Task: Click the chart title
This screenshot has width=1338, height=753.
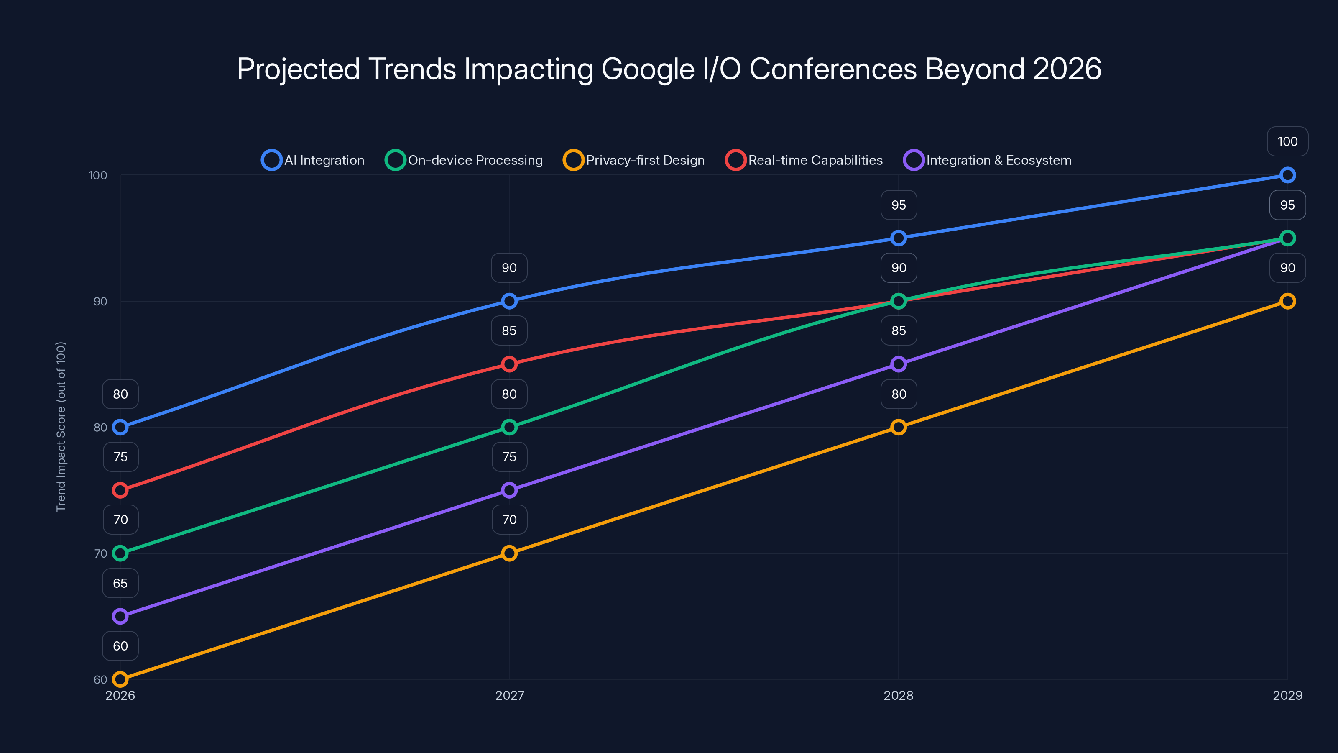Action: pyautogui.click(x=669, y=69)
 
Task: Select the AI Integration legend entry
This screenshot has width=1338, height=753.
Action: pyautogui.click(x=313, y=160)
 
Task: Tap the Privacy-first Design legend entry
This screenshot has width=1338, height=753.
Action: pyautogui.click(x=634, y=160)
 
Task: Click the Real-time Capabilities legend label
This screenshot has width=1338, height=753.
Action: pyautogui.click(x=815, y=160)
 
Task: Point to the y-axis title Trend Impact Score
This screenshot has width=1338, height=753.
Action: pyautogui.click(x=61, y=427)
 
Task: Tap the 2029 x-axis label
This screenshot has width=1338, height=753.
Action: pyautogui.click(x=1287, y=695)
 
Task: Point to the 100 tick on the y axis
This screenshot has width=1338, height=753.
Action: pyautogui.click(x=98, y=175)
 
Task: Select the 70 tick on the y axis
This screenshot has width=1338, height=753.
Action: pyautogui.click(x=100, y=553)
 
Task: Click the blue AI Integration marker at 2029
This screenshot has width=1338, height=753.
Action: pyautogui.click(x=1287, y=175)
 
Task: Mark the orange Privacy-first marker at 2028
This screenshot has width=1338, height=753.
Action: pyautogui.click(x=898, y=427)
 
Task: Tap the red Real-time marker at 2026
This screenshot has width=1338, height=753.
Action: pyautogui.click(x=120, y=490)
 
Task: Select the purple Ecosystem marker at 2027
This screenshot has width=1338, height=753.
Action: pyautogui.click(x=509, y=490)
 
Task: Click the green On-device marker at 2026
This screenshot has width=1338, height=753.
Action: pyautogui.click(x=120, y=553)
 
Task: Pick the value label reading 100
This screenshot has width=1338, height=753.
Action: pyautogui.click(x=1287, y=141)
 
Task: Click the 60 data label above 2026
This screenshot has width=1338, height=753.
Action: pyautogui.click(x=120, y=646)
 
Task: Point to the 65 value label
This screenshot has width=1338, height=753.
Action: pyautogui.click(x=120, y=583)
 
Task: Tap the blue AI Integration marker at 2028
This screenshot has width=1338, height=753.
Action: pyautogui.click(x=898, y=238)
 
